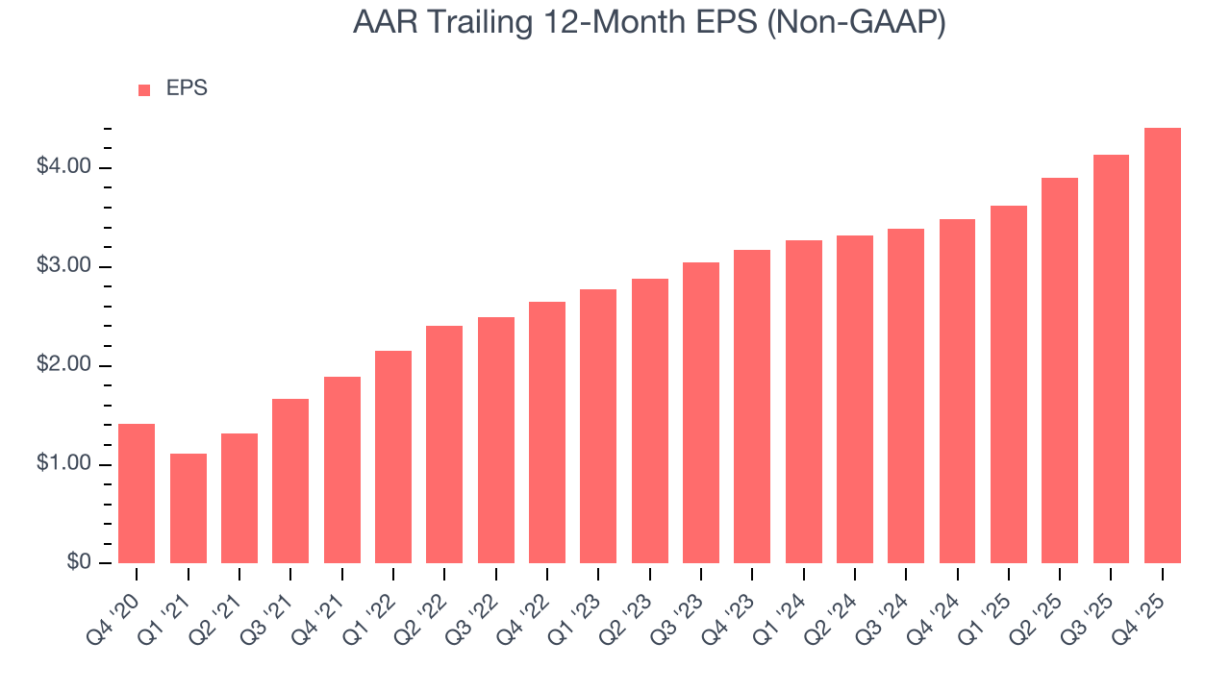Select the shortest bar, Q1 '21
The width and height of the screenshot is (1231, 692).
[188, 508]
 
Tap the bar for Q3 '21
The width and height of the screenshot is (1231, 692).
[290, 481]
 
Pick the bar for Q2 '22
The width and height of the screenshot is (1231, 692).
[444, 444]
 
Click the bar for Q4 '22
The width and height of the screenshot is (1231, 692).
[547, 432]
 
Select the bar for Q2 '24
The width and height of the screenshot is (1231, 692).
[855, 399]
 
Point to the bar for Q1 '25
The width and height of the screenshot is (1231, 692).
[1009, 384]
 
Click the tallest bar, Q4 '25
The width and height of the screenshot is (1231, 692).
[1163, 345]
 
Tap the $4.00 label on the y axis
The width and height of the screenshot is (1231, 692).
[63, 168]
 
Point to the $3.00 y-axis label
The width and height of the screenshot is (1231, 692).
[63, 267]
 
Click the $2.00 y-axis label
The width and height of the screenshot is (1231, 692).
[63, 366]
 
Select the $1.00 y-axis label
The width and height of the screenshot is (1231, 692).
[63, 465]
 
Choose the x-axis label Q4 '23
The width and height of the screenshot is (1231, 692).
[730, 605]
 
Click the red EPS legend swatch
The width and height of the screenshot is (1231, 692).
[144, 90]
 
